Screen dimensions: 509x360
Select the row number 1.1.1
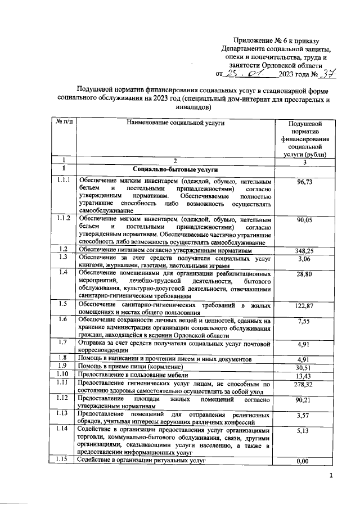click(x=63, y=181)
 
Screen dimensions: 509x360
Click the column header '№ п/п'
click(x=63, y=121)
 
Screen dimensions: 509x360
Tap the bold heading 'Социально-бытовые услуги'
click(x=175, y=169)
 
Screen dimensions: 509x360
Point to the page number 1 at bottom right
click(x=331, y=477)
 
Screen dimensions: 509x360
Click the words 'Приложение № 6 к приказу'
click(x=276, y=40)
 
